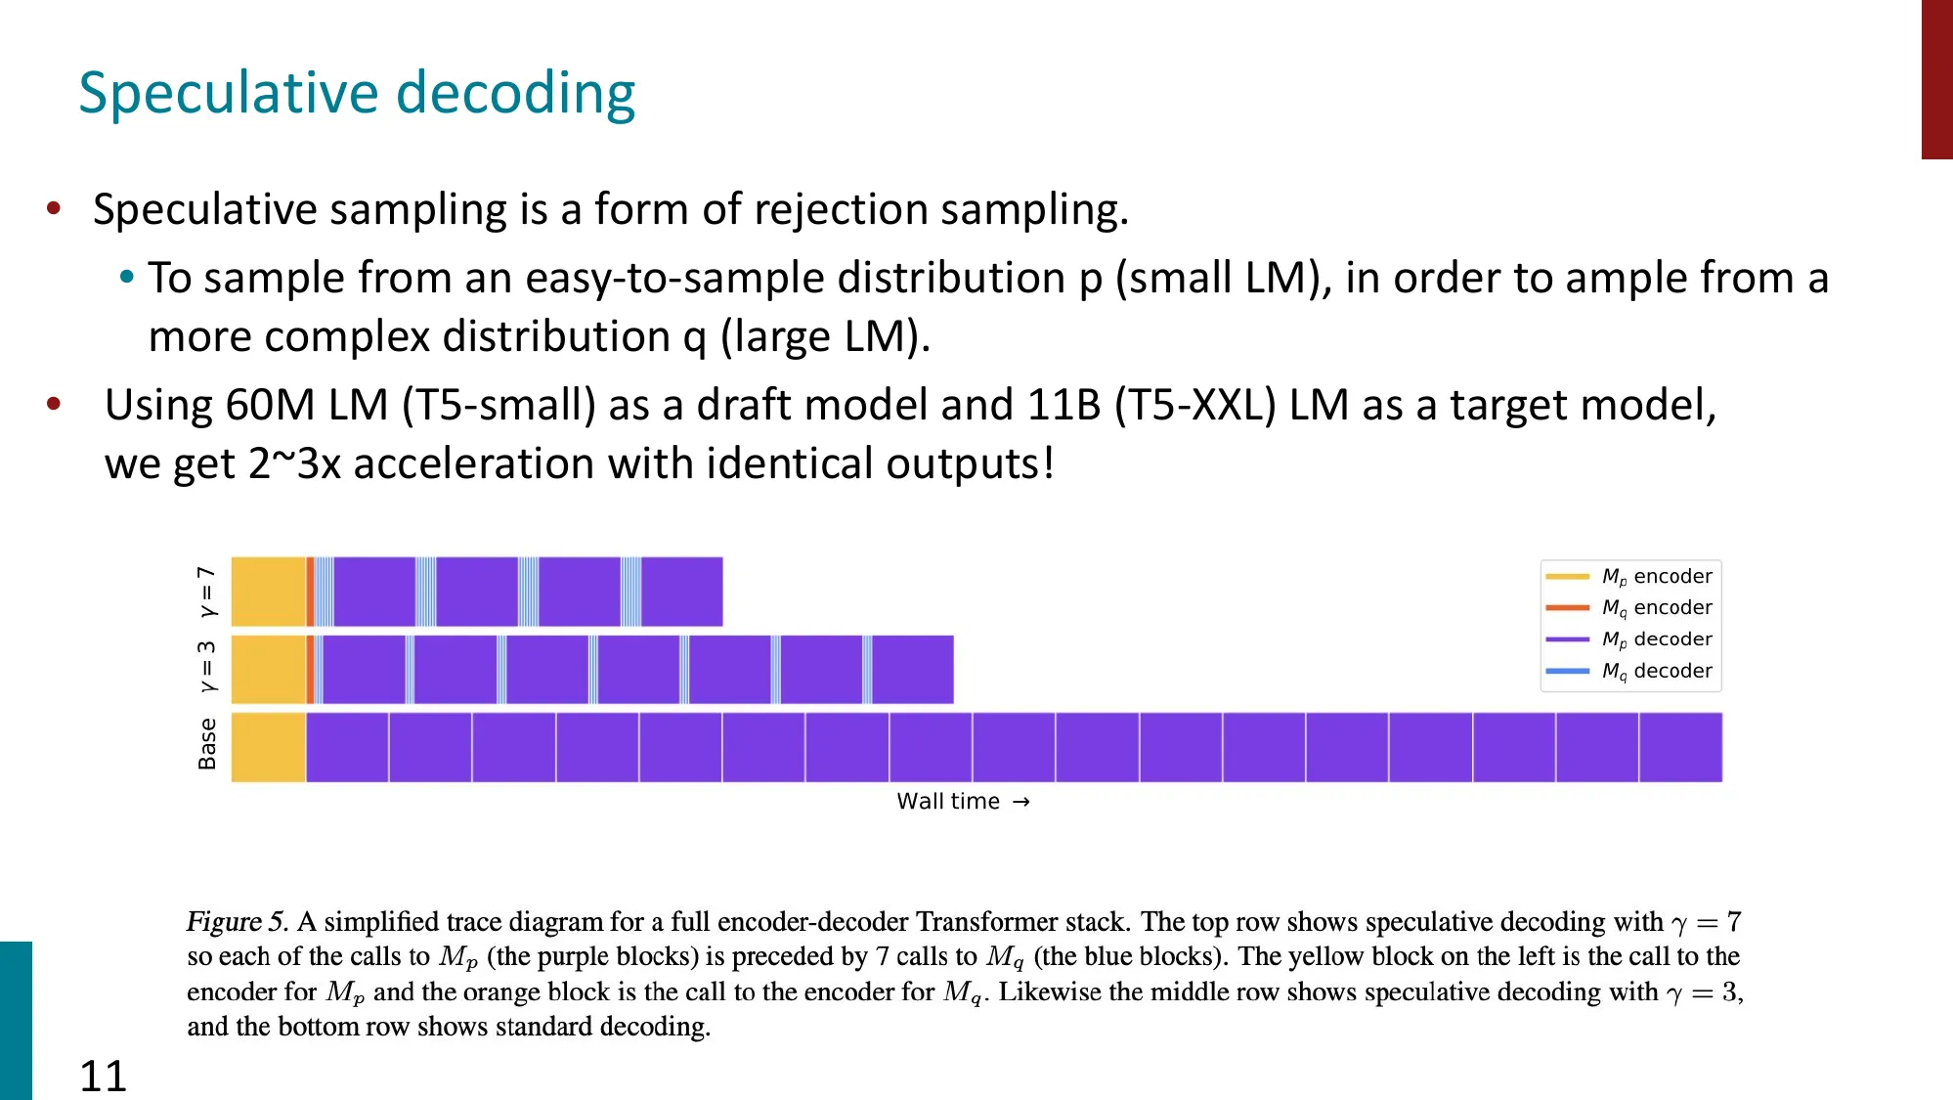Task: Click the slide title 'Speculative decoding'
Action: tap(357, 94)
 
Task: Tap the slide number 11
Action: tap(103, 1076)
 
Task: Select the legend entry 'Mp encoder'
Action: tap(1656, 577)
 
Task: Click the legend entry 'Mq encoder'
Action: tap(1656, 608)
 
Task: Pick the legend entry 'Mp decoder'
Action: tap(1656, 639)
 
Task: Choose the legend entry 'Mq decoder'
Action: tap(1656, 671)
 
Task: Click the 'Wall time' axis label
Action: tap(948, 802)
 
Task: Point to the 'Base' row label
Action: tap(207, 744)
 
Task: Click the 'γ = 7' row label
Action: tap(207, 592)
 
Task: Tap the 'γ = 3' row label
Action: tap(207, 667)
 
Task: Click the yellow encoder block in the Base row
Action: tap(268, 747)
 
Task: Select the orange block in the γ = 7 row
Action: tap(310, 592)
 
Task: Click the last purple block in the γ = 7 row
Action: tap(681, 592)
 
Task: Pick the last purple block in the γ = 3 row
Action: tap(912, 670)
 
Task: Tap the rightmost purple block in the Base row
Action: tap(1680, 747)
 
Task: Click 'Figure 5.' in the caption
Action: tap(238, 922)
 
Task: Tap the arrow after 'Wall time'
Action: tap(1021, 802)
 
